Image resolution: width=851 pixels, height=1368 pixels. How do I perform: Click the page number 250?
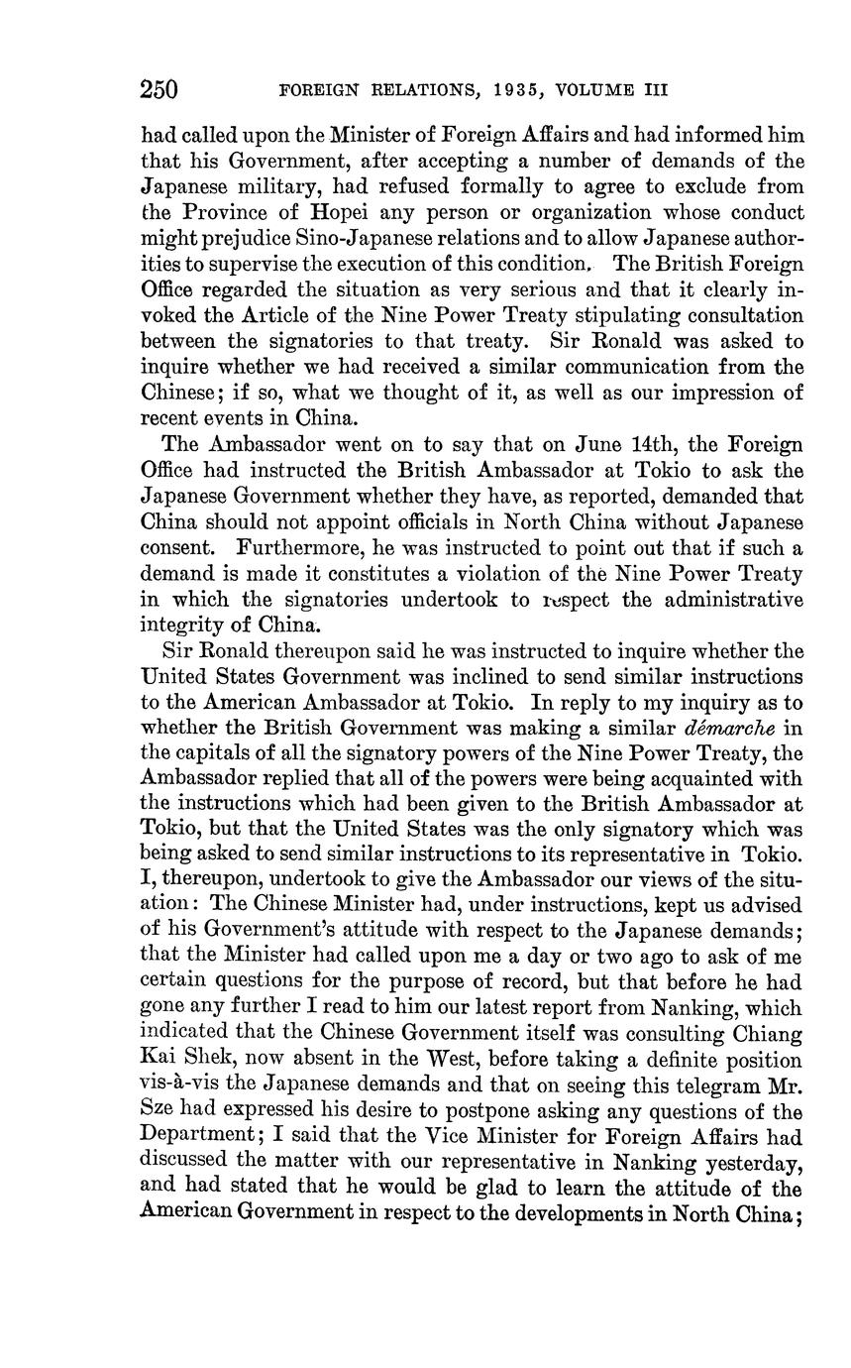tap(159, 90)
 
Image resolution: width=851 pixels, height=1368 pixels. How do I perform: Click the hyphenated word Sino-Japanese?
tap(375, 238)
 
